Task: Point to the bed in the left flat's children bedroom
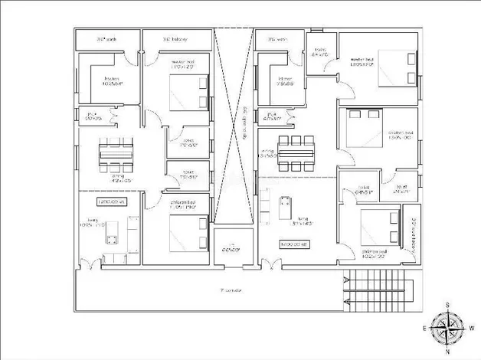pyautogui.click(x=188, y=230)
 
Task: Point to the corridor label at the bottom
pyautogui.click(x=231, y=290)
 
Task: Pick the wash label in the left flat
pyautogui.click(x=106, y=38)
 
